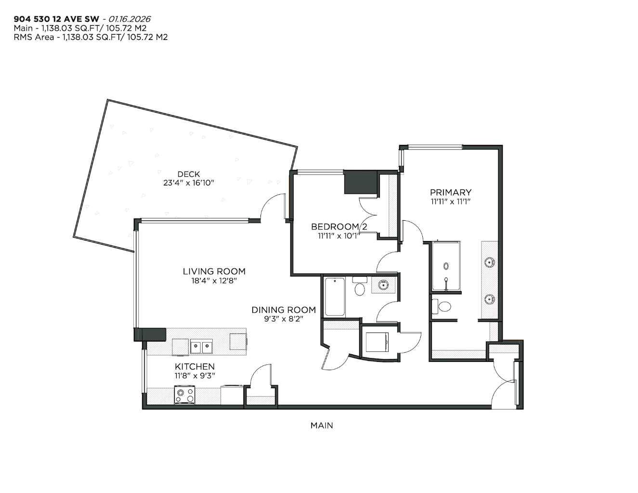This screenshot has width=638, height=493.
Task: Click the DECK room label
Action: (x=188, y=174)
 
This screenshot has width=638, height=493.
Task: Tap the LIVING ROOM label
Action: (x=214, y=271)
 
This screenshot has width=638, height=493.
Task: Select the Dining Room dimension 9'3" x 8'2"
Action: (x=284, y=319)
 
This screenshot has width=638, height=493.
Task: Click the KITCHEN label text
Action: (x=195, y=367)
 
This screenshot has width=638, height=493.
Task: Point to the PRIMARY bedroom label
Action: (x=450, y=192)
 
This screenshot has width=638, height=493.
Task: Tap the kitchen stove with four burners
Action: (x=185, y=396)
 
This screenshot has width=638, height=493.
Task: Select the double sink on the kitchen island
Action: (x=201, y=346)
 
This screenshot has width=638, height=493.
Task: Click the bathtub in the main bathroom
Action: (x=334, y=297)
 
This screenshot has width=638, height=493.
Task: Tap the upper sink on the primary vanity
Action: (x=490, y=263)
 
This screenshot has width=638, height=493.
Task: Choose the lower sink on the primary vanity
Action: (x=490, y=299)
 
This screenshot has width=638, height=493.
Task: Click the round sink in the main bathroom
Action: (x=383, y=285)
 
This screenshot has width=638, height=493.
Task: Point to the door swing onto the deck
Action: (x=273, y=207)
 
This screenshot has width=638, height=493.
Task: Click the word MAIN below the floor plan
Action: (x=321, y=426)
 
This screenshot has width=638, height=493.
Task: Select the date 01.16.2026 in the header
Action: (x=129, y=19)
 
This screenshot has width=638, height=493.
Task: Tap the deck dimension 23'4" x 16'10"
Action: (x=188, y=183)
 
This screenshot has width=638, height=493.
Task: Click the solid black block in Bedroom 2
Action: (x=360, y=182)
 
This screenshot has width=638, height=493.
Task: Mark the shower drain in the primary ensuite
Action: (x=446, y=266)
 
